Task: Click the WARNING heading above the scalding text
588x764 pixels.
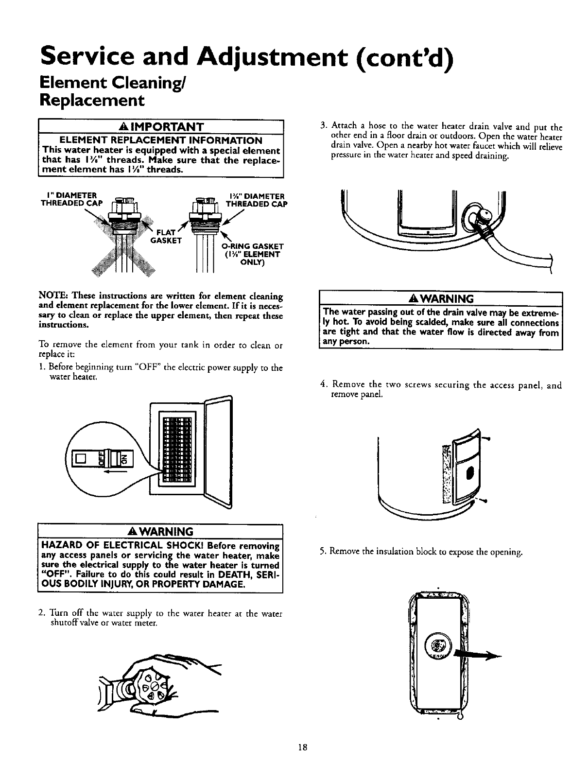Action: click(x=440, y=298)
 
